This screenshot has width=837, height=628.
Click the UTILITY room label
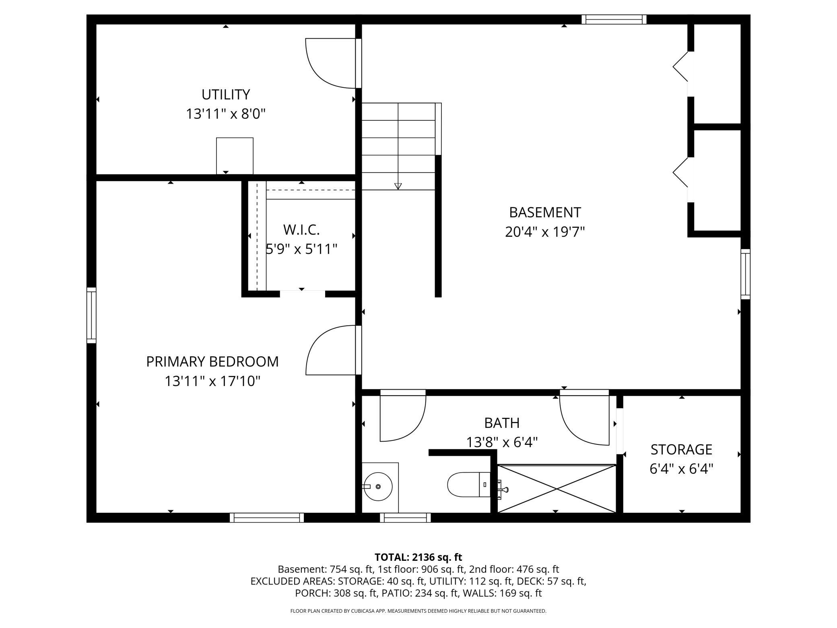(226, 95)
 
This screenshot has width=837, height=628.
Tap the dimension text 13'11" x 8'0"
(226, 114)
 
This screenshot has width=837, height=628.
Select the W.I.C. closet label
(301, 230)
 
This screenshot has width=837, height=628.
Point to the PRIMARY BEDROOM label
(212, 362)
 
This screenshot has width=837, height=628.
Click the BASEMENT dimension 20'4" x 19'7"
(545, 232)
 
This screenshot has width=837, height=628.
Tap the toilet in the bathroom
(468, 485)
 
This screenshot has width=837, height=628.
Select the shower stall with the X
(557, 489)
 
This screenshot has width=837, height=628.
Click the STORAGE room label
(681, 449)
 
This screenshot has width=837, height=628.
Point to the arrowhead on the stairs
(398, 186)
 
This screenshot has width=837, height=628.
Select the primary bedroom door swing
(331, 350)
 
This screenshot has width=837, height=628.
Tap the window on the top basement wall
(614, 19)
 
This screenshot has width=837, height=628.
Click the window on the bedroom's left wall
(92, 315)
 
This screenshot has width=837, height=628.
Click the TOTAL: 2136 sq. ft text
(418, 557)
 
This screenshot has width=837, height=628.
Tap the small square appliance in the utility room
(235, 156)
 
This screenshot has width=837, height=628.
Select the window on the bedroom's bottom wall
(267, 518)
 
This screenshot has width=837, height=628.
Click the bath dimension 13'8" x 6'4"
(502, 443)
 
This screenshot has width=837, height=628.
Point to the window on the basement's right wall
(746, 274)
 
